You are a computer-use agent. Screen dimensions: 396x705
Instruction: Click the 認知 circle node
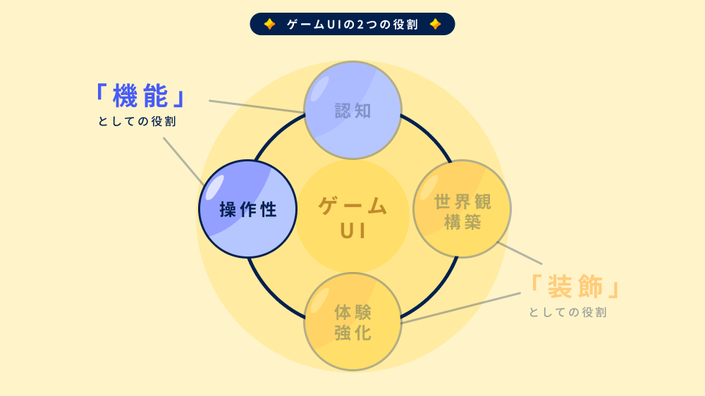tap(352, 110)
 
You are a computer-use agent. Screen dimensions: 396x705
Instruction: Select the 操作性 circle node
tap(247, 209)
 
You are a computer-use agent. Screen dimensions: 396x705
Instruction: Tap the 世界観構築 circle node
tap(462, 209)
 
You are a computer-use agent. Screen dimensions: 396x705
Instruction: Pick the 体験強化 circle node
tap(352, 321)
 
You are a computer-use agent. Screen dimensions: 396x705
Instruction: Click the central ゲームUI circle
tap(352, 216)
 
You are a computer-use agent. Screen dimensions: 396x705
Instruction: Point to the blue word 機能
tap(140, 97)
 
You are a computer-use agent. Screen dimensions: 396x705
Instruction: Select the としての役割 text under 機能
tap(137, 121)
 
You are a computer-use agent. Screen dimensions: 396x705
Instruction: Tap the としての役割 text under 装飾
tap(568, 312)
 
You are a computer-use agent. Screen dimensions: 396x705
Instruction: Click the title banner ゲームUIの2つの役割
tap(352, 24)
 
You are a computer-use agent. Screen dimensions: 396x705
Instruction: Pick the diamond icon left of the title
tap(269, 24)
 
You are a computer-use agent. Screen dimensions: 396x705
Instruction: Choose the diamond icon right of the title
tap(435, 24)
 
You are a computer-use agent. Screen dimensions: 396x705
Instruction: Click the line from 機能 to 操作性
tap(183, 160)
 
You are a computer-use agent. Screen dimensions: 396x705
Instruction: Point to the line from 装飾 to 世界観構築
tap(520, 254)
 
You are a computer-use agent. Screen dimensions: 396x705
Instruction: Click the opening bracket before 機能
tap(100, 92)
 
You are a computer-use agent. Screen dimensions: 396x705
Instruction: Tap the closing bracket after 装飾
tap(616, 290)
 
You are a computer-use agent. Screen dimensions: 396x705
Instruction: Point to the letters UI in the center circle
tap(352, 231)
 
